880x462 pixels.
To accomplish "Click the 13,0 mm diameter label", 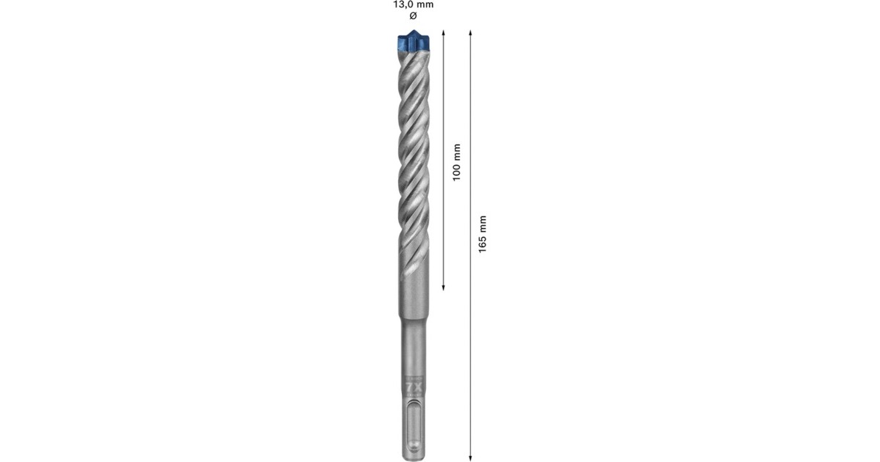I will click(413, 4).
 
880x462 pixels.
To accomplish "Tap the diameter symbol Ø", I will click(413, 15).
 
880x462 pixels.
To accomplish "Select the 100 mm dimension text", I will click(456, 162).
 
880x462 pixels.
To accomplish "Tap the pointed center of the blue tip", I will click(414, 32).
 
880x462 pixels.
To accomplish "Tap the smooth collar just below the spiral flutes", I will click(414, 293).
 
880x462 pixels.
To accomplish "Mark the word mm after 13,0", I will click(425, 4).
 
